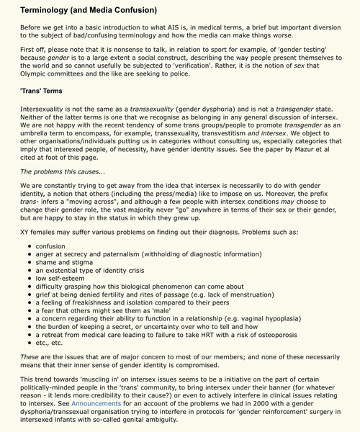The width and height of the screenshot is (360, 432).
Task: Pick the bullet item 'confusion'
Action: click(51, 246)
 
